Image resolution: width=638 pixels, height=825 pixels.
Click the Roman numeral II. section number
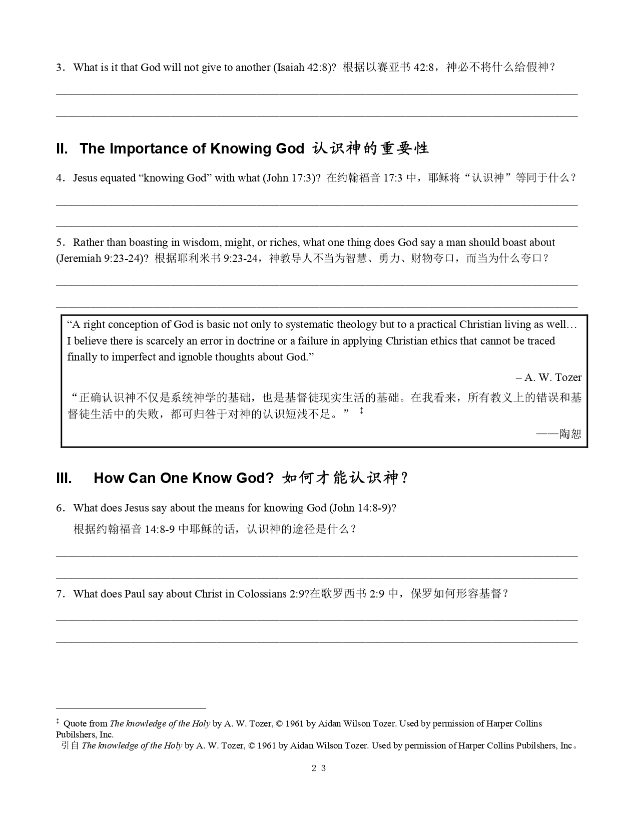click(62, 148)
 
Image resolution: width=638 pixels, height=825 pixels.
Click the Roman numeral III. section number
click(64, 478)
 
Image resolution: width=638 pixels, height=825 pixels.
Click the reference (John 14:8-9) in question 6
click(363, 508)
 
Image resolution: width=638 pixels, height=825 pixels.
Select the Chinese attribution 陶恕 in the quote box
click(570, 433)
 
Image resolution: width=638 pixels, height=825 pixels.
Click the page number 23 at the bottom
click(319, 768)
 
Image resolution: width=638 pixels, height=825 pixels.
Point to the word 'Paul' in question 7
click(135, 593)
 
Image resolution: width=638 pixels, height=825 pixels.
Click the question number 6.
click(60, 508)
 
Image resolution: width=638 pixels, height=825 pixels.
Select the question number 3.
click(60, 67)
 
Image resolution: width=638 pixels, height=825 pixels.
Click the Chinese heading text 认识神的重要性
click(370, 148)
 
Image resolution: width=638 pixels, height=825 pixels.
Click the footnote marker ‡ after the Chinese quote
click(361, 411)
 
